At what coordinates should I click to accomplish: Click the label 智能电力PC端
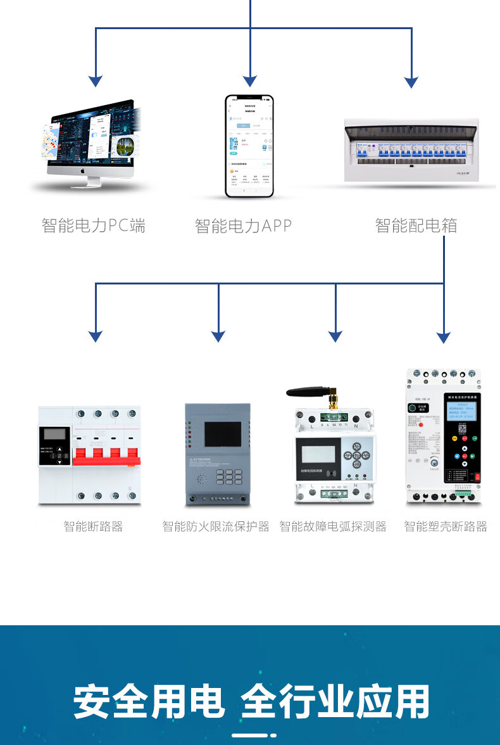pos(94,226)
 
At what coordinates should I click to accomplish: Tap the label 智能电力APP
pos(244,226)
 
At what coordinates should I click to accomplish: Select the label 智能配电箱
pos(416,226)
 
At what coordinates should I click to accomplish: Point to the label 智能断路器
pos(93,526)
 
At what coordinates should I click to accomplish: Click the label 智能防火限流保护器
pos(216,526)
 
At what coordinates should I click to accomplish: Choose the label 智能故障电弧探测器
pos(333,526)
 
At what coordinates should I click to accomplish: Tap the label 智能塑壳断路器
pos(446,526)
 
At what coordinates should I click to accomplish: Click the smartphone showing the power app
pos(250,146)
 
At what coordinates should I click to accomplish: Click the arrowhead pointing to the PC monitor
pos(96,81)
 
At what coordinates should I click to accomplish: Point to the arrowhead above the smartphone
pos(250,81)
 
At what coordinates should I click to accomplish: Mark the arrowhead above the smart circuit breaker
pos(96,336)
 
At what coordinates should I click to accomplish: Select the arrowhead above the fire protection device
pos(218,336)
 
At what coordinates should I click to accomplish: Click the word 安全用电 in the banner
pos(149,701)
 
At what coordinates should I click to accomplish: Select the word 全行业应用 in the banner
pos(335,701)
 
